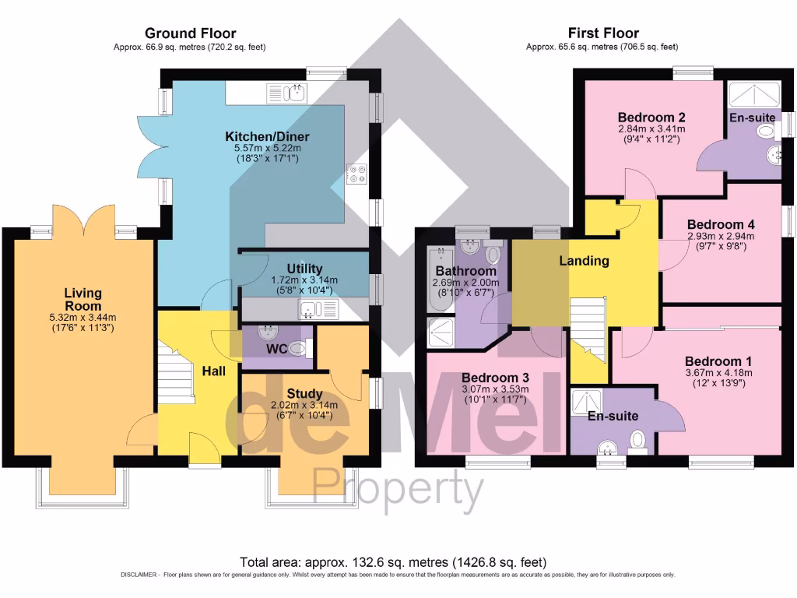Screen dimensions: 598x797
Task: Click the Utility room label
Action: [x=304, y=269]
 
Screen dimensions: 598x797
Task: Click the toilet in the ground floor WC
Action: [x=297, y=350]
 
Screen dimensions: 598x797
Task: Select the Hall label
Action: [x=214, y=371]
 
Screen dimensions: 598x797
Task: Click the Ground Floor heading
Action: [x=190, y=33]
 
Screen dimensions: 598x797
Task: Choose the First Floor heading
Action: [x=603, y=33]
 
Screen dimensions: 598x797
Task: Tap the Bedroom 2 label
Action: [x=651, y=118]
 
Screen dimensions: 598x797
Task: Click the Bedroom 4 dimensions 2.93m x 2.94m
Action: [x=721, y=237]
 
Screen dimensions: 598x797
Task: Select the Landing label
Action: [x=584, y=261]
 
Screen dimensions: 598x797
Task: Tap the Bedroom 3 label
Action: [x=495, y=378]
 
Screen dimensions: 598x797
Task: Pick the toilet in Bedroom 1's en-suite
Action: [x=638, y=441]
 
